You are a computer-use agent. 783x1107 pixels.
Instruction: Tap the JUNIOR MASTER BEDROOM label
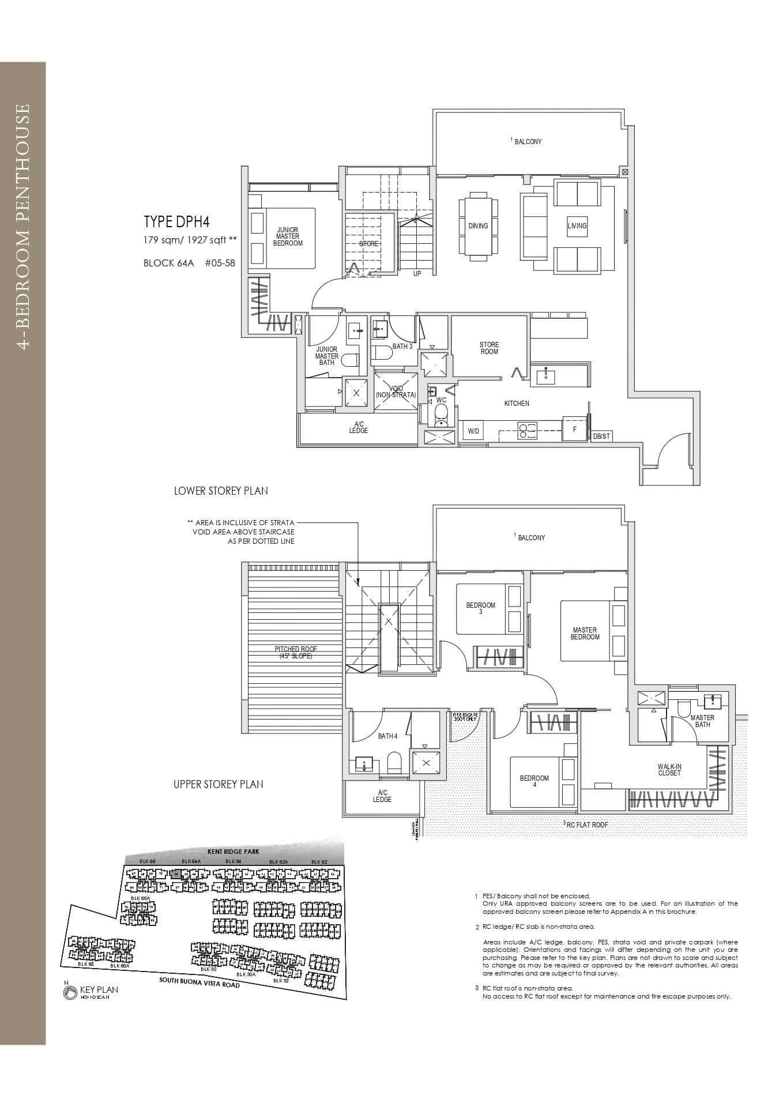click(x=287, y=236)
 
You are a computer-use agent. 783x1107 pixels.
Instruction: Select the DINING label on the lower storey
click(x=478, y=226)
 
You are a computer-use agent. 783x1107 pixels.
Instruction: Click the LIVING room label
click(x=577, y=226)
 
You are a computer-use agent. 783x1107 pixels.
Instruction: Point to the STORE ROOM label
click(x=489, y=348)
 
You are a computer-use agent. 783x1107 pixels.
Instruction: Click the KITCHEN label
click(x=516, y=404)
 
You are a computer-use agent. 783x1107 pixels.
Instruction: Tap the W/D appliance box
click(x=473, y=431)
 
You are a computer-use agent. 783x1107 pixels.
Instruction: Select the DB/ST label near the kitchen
click(x=601, y=436)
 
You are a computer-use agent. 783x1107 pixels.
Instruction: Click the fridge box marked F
click(x=574, y=430)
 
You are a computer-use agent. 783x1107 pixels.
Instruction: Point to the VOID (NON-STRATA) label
click(x=396, y=392)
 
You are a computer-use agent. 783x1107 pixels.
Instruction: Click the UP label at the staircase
click(x=417, y=274)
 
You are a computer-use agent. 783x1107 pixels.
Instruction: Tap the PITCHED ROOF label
click(x=296, y=652)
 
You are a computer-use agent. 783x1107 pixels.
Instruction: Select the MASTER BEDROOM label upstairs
click(x=585, y=634)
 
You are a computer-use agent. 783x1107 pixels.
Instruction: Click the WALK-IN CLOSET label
click(x=669, y=770)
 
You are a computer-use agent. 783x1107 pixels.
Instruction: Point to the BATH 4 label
click(x=387, y=736)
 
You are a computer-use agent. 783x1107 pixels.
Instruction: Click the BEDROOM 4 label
click(x=534, y=781)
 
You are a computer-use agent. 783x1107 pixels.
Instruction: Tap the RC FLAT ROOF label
click(x=586, y=825)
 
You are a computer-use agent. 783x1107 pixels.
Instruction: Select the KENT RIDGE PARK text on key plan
click(x=233, y=852)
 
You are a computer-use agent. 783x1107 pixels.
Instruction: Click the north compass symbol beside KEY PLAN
click(x=70, y=992)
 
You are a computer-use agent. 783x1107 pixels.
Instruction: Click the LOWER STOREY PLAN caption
click(x=221, y=491)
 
